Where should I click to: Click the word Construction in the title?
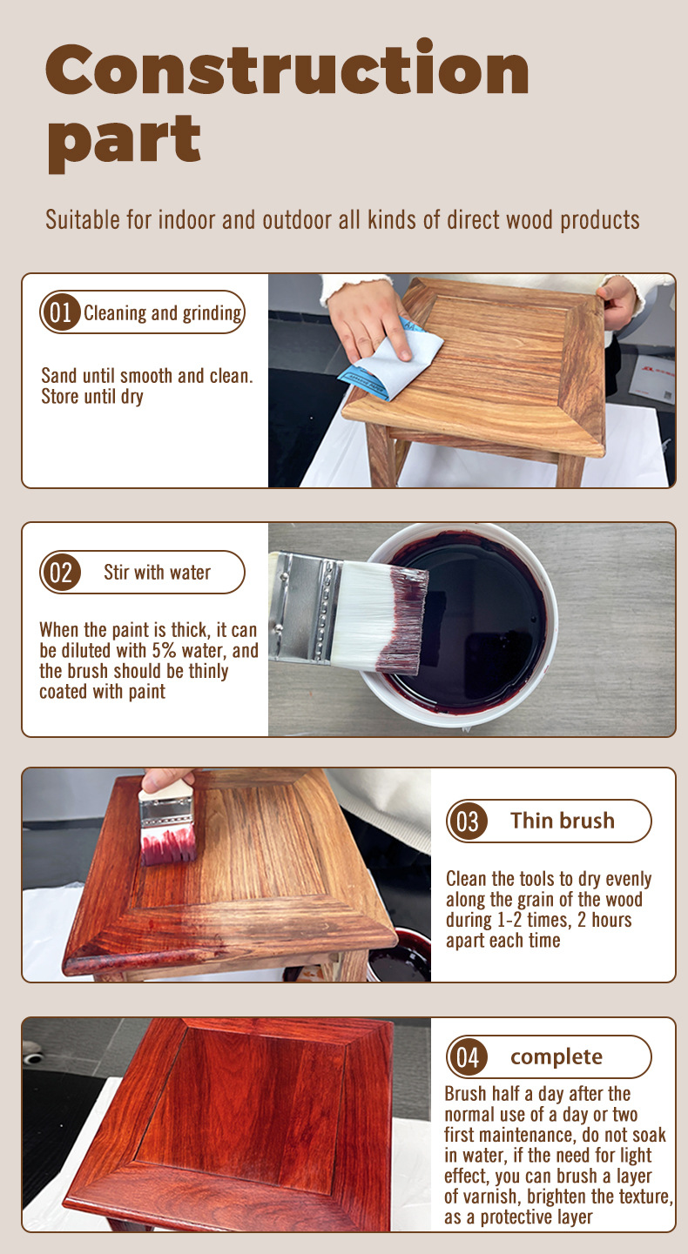[x=287, y=67]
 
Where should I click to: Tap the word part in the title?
[x=124, y=143]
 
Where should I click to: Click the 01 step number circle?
[x=60, y=312]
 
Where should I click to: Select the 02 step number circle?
[x=60, y=572]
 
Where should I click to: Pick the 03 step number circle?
[x=468, y=821]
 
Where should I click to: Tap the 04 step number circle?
[x=468, y=1057]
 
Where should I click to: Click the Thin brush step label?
[x=563, y=821]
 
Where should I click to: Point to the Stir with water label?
[x=157, y=572]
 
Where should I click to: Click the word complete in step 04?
[x=556, y=1057]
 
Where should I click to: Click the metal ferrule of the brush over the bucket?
[x=306, y=607]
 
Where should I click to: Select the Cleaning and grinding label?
[x=163, y=313]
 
